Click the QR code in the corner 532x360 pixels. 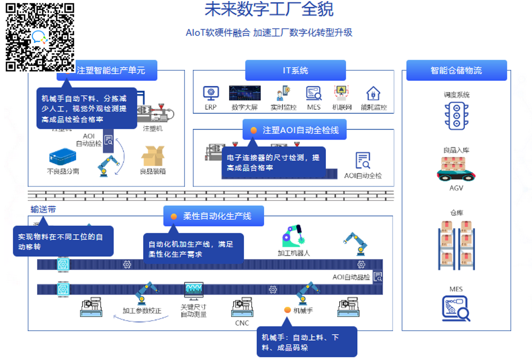point(40,37)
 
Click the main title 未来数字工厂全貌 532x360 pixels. point(269,10)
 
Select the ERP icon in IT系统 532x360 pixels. point(211,93)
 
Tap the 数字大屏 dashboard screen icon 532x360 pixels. point(244,93)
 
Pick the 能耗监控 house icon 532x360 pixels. point(373,94)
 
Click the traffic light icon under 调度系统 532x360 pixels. point(456,115)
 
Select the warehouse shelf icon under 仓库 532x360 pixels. point(456,244)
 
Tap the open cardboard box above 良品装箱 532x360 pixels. point(153,157)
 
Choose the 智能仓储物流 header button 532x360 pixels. point(456,70)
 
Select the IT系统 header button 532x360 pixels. point(295,70)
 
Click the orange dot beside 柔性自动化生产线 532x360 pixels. point(174,216)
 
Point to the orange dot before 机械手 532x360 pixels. point(287,310)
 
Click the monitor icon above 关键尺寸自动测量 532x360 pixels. point(194,290)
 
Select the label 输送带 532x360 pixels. point(43,209)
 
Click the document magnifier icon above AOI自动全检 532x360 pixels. point(363,160)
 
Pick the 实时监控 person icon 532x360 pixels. point(283,94)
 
